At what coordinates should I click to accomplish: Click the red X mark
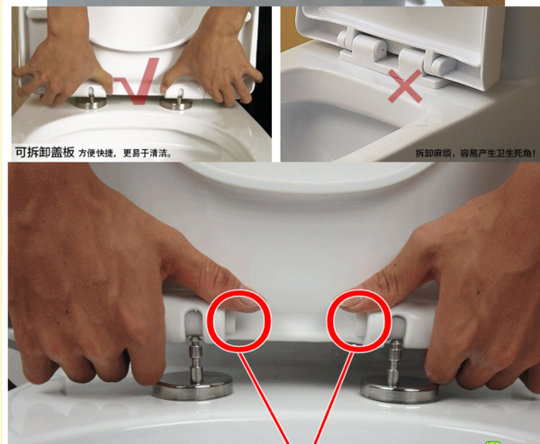[x=405, y=86]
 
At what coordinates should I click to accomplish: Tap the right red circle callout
[x=329, y=321]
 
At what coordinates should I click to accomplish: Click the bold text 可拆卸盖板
[x=44, y=152]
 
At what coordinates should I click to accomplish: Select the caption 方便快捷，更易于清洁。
[x=125, y=153]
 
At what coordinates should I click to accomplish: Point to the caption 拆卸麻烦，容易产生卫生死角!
[x=475, y=153]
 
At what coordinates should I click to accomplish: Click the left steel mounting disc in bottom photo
[x=193, y=386]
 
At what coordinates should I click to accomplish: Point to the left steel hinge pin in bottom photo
[x=195, y=358]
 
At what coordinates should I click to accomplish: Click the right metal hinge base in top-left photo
[x=176, y=103]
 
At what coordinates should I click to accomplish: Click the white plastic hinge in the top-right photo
[x=396, y=55]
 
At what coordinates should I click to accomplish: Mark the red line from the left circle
[x=264, y=397]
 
